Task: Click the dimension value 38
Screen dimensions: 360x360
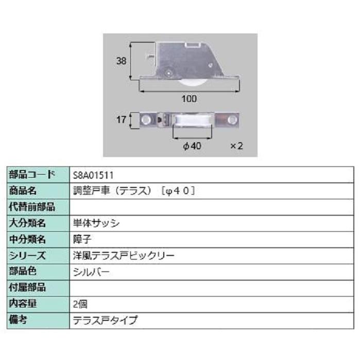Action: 121,61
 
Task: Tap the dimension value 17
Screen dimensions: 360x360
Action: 121,120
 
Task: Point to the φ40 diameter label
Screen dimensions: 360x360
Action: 192,146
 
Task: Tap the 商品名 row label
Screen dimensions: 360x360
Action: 24,191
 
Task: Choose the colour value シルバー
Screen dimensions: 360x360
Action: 92,271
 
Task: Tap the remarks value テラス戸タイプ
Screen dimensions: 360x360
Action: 106,320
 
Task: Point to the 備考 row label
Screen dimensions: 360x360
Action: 19,320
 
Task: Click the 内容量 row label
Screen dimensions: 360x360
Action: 24,304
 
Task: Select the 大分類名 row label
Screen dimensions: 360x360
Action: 28,223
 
